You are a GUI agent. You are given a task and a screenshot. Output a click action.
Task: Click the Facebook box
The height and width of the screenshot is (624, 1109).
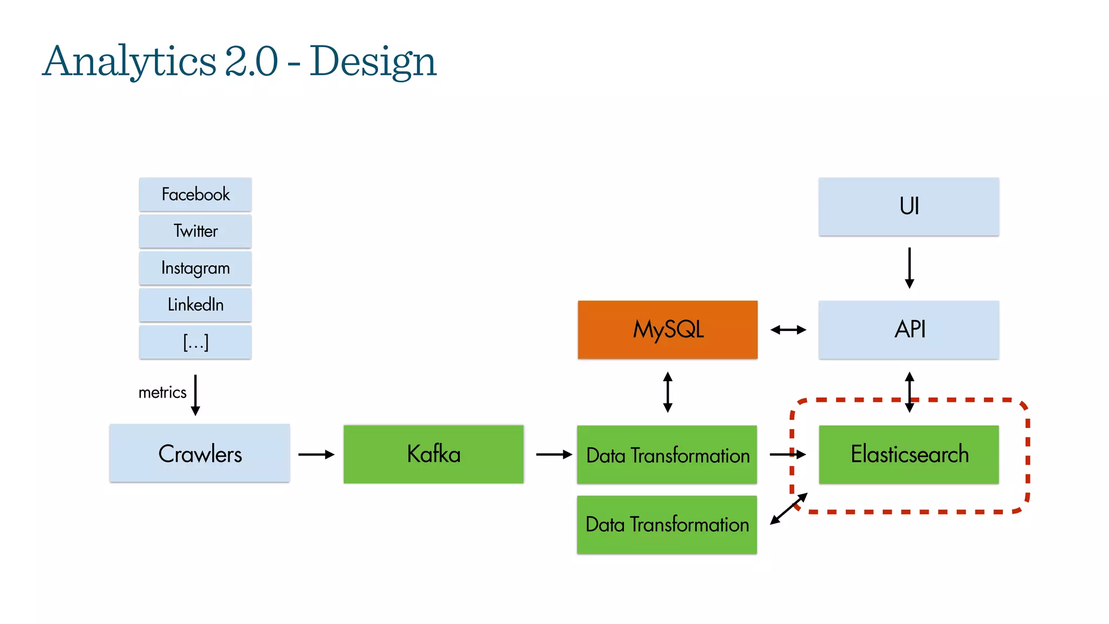[195, 194]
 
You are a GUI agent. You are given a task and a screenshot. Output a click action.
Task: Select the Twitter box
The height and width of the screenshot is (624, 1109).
[195, 231]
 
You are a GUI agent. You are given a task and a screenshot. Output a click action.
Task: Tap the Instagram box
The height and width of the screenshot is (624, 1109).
[195, 268]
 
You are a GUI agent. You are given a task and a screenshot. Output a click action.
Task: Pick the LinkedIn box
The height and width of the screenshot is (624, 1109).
[195, 304]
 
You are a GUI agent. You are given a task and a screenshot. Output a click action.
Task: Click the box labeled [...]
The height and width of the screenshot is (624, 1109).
[195, 342]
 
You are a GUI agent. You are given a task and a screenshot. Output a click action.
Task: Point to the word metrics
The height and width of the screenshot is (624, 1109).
[162, 392]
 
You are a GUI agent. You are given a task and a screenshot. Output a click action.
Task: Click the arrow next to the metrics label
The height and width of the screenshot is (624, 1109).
[195, 395]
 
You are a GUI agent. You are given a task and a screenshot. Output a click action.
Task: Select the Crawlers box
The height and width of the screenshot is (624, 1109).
[199, 453]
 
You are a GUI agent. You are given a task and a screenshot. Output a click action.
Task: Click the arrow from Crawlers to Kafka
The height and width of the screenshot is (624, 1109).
[316, 454]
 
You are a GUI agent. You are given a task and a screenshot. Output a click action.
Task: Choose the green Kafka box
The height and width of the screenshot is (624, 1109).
[433, 454]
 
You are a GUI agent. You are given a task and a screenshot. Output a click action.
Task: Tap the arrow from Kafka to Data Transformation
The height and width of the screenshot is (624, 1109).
[554, 454]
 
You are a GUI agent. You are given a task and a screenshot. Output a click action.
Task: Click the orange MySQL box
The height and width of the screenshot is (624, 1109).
[667, 329]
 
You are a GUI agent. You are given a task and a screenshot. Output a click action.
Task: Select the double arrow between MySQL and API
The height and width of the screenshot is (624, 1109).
[788, 329]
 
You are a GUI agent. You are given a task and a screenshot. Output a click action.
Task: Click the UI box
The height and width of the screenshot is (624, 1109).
[909, 206]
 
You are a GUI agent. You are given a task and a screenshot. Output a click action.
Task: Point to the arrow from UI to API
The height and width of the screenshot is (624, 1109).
[909, 268]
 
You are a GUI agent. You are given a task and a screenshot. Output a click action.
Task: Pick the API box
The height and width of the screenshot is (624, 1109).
[909, 329]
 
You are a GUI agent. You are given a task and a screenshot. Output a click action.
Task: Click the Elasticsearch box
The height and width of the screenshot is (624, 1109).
[909, 454]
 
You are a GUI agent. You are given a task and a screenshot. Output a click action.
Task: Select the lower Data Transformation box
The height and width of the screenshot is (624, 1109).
[667, 524]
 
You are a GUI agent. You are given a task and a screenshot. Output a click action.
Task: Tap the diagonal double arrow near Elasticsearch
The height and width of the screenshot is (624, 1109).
[788, 509]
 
